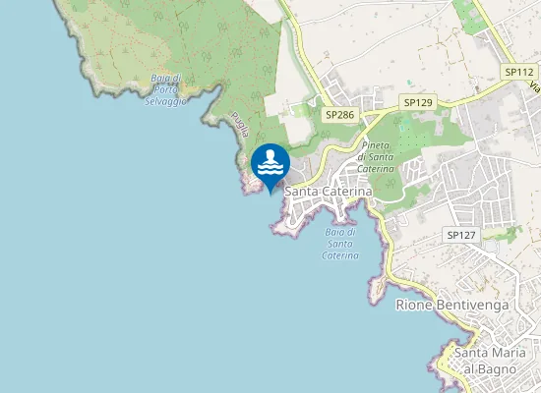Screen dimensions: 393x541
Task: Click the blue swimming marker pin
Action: pos(270,165)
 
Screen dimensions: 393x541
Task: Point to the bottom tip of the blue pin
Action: pos(270,194)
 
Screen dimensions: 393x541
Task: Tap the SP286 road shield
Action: pos(339,115)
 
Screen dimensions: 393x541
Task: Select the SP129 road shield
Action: pos(418,102)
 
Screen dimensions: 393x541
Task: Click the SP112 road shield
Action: pos(518,72)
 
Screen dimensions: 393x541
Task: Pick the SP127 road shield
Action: pos(460,235)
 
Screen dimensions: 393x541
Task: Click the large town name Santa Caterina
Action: pos(329,191)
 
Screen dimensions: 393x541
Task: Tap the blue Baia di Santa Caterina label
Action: pos(339,243)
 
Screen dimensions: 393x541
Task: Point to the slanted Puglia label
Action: pos(240,124)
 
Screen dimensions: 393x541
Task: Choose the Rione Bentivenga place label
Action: pos(452,305)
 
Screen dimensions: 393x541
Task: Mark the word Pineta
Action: pos(375,145)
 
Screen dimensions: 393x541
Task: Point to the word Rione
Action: pos(413,305)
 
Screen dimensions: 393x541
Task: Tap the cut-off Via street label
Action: pos(534,85)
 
